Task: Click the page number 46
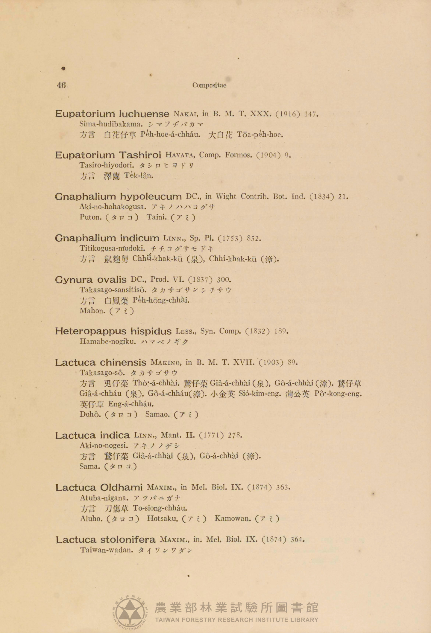(x=61, y=85)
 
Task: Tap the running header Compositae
(x=210, y=86)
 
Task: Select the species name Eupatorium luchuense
(x=112, y=114)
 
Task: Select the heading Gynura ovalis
(x=91, y=280)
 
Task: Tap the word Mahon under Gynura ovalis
(x=92, y=311)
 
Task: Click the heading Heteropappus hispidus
(x=113, y=331)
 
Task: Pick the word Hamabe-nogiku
(x=108, y=341)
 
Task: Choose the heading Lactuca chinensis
(x=101, y=363)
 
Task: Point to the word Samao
(x=157, y=414)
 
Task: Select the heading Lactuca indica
(x=92, y=435)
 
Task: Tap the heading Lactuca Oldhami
(x=99, y=488)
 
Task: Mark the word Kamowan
(x=233, y=518)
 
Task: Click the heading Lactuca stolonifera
(x=106, y=540)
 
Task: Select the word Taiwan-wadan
(x=107, y=550)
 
